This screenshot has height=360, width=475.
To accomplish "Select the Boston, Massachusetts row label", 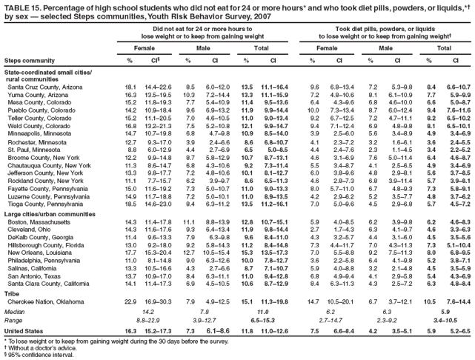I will [34, 221].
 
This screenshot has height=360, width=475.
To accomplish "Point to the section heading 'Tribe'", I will [12, 293].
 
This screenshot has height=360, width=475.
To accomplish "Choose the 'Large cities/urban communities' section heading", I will [48, 213].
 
